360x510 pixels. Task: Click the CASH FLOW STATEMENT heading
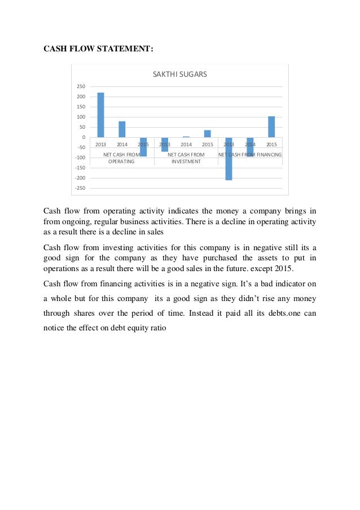tap(98, 49)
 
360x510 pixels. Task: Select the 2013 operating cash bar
tap(101, 115)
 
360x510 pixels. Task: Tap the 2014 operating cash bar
tap(122, 129)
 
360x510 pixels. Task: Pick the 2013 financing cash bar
tap(229, 159)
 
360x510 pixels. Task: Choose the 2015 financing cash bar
tap(271, 127)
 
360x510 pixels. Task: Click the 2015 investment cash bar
tap(207, 134)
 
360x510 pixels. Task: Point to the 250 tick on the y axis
tap(80, 86)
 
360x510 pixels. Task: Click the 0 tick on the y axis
tap(83, 137)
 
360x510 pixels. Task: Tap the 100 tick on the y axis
tap(80, 117)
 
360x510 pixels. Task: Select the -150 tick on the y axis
tap(79, 168)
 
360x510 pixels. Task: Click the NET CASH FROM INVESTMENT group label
tap(186, 158)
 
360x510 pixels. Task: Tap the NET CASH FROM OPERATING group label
tap(122, 158)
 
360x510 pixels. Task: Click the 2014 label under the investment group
tap(186, 145)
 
